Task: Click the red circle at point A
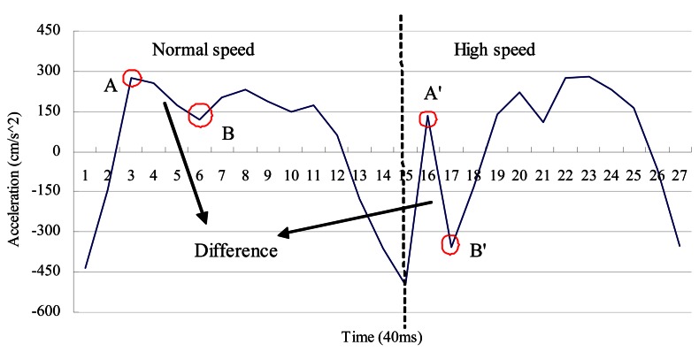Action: [132, 79]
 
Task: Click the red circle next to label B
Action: [201, 115]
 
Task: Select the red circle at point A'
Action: [429, 119]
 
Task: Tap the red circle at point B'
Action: [450, 245]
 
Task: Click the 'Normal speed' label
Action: [204, 50]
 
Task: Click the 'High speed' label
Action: [495, 50]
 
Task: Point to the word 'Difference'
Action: [236, 250]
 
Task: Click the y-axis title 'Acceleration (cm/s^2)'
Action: [12, 177]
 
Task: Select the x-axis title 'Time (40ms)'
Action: [382, 337]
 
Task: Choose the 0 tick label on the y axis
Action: [56, 152]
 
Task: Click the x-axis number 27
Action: [679, 176]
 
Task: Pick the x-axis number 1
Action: [86, 176]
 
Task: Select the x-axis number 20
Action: [519, 176]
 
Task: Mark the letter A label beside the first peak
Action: [111, 86]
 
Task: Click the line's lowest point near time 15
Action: [405, 283]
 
